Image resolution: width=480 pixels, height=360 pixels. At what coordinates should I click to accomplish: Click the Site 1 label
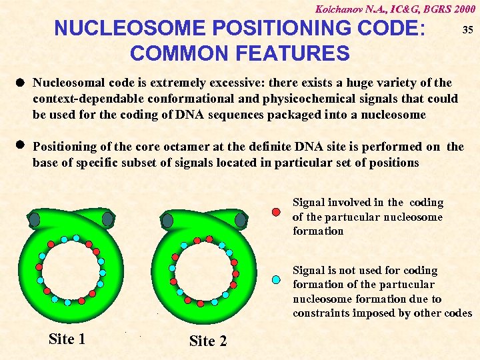tap(67, 339)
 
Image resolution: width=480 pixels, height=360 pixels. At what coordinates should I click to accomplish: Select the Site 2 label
tap(207, 341)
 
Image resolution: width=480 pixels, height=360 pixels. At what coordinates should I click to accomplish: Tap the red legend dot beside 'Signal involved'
tap(276, 213)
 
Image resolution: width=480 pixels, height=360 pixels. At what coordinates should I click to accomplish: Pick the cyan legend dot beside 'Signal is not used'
tap(276, 280)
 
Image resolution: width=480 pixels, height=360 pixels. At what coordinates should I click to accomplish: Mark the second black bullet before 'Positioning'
tap(21, 145)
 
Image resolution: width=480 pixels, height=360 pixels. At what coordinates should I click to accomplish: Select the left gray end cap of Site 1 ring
tap(34, 219)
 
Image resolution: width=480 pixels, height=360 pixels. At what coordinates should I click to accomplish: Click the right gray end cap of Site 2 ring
tap(240, 220)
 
